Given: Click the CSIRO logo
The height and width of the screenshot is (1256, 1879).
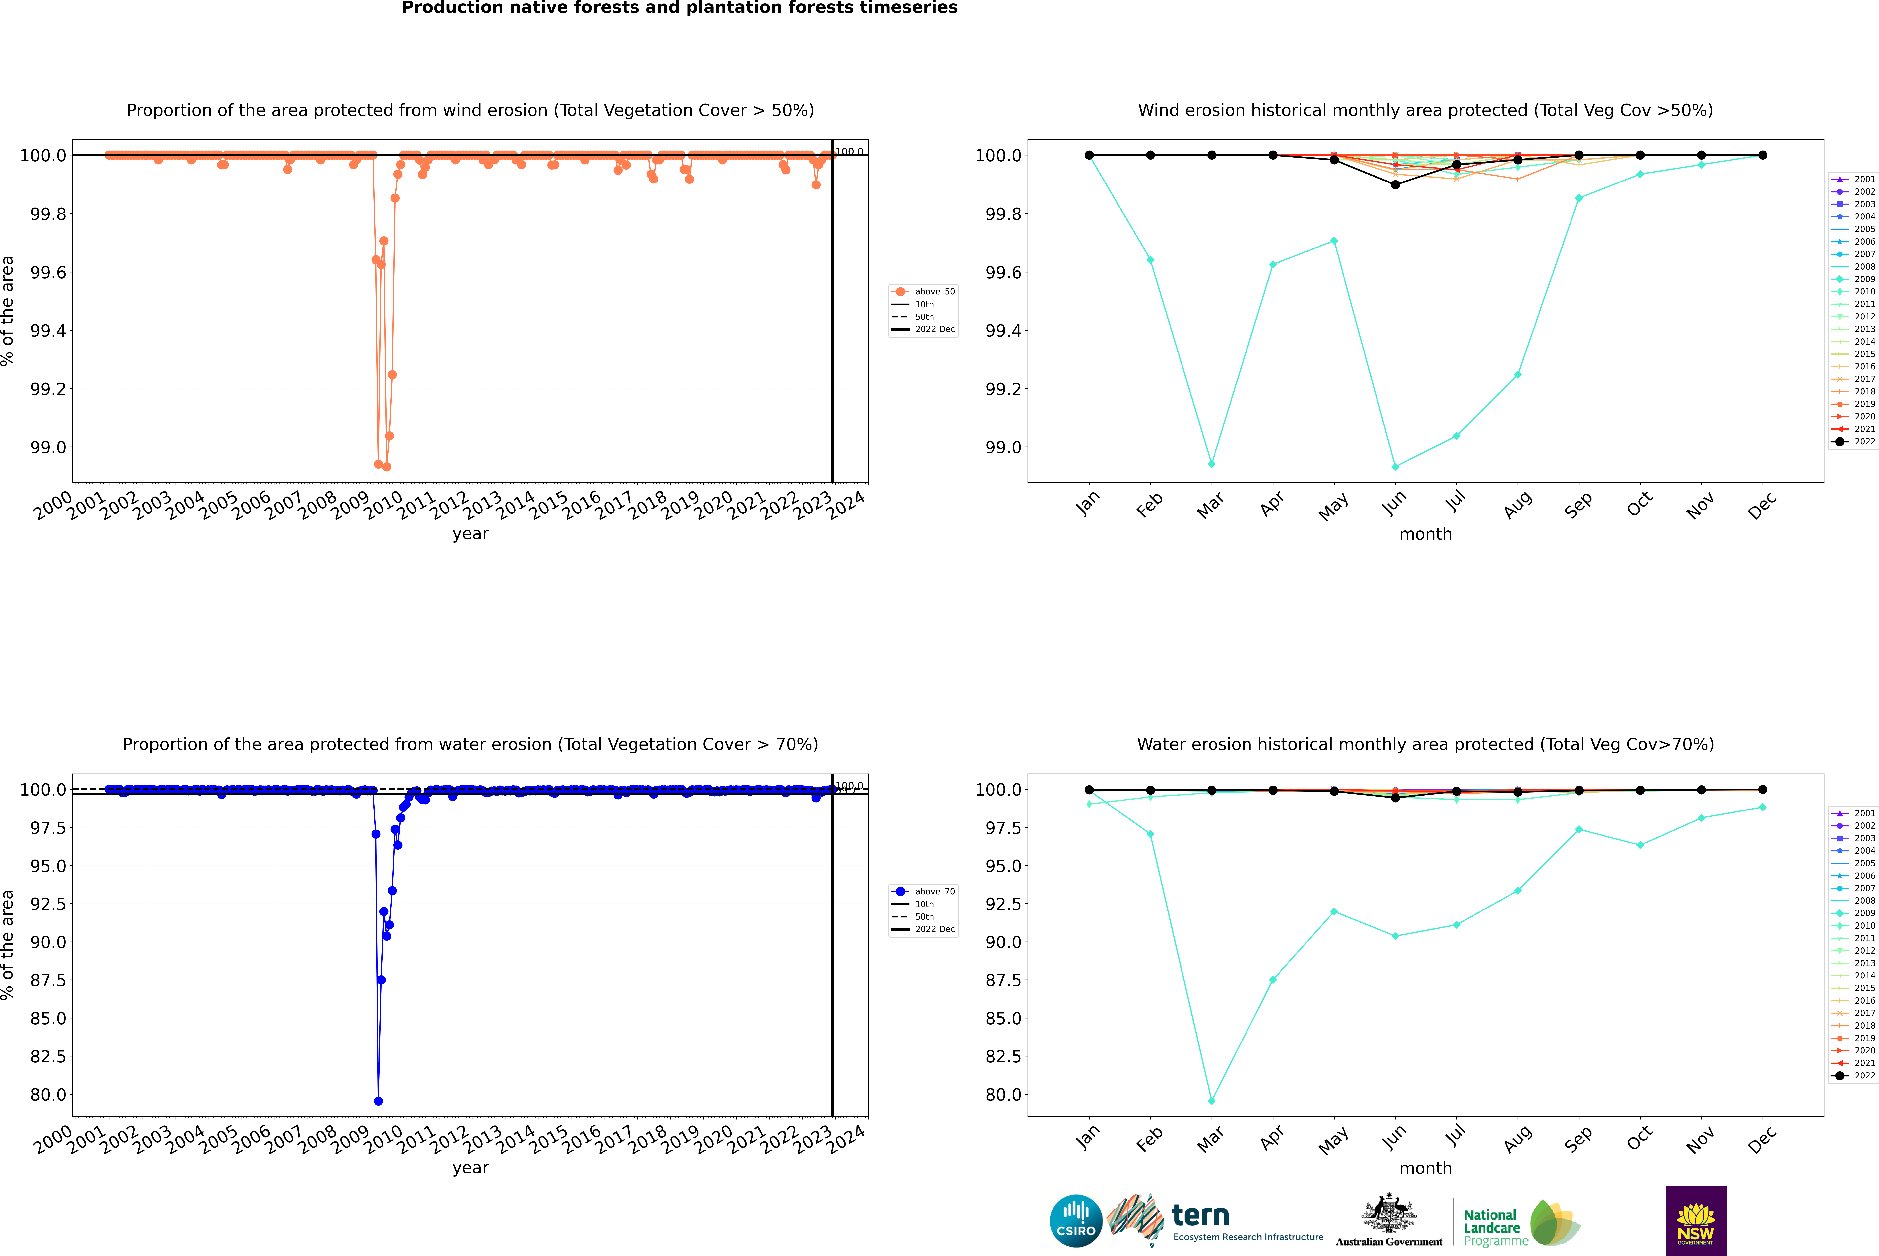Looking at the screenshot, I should pos(1076,1221).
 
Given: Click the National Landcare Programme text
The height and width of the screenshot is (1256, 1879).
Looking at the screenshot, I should pos(1491,1227).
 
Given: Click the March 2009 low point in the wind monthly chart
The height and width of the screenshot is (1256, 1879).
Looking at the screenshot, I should pos(1211,464).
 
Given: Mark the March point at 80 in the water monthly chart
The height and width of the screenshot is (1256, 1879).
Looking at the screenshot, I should pos(1211,1101).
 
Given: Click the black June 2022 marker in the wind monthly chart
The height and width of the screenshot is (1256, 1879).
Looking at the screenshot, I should pos(1395,185).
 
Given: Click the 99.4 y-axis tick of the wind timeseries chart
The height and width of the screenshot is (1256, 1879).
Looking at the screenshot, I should pos(48,331).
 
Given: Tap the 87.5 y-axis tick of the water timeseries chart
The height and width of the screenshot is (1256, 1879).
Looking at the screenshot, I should pos(48,980).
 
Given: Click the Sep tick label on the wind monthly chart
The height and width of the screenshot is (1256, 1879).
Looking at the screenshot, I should pos(1578,505).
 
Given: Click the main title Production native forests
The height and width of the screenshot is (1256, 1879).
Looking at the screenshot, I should pos(679,8).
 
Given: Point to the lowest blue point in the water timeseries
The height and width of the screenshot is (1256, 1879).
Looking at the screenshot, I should pos(378,1101).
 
